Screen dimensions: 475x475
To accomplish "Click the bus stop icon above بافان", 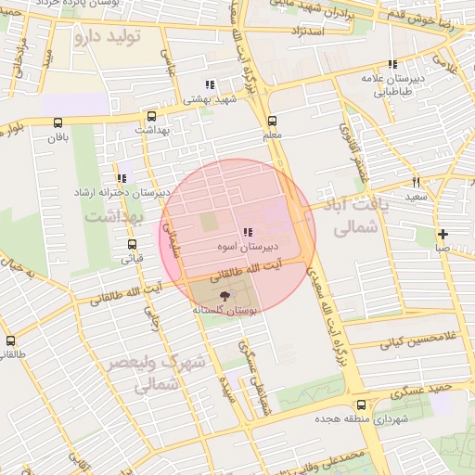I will pos(58,122).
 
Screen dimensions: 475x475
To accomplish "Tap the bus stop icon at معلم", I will pos(272,121).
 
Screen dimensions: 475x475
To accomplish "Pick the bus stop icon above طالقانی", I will pos(10,340).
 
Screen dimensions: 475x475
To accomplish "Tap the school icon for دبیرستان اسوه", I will pos(246,232).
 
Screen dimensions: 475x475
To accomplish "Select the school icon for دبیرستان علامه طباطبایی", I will pos(392,65).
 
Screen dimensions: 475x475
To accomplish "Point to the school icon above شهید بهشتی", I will pos(211,84).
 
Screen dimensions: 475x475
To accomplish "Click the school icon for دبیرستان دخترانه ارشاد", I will pos(122,178).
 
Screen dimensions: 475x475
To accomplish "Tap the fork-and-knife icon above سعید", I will pos(416,182).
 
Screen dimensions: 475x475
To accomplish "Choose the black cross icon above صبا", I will pos(443,234).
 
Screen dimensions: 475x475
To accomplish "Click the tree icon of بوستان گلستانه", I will pos(228,294).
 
